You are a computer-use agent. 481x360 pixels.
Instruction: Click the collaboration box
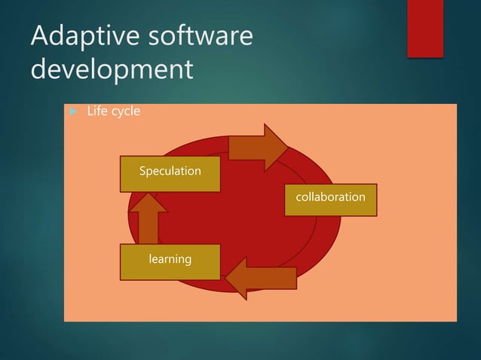pyautogui.click(x=330, y=198)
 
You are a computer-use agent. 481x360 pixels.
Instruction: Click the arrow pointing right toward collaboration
pyautogui.click(x=257, y=146)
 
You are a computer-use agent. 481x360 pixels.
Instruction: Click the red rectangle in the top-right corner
pyautogui.click(x=425, y=29)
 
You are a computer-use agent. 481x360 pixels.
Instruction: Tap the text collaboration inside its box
pyautogui.click(x=330, y=197)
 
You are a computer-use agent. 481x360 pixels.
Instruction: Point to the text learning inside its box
pyautogui.click(x=170, y=259)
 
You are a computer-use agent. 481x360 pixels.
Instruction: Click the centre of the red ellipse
pyautogui.click(x=234, y=215)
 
